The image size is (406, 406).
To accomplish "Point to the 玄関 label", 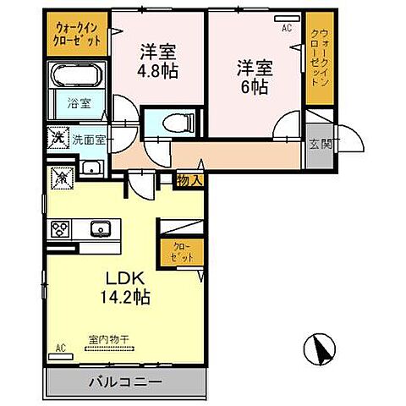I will tap(320, 145).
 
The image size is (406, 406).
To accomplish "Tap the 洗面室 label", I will tap(86, 140).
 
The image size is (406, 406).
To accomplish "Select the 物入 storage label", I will tap(189, 179).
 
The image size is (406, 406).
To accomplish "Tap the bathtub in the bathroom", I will tap(78, 76).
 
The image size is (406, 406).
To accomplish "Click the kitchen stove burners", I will tap(61, 228).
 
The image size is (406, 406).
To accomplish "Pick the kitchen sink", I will tap(100, 228).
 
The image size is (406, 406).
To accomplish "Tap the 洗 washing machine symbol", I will tap(57, 136).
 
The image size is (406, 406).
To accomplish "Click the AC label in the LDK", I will tap(60, 348).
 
